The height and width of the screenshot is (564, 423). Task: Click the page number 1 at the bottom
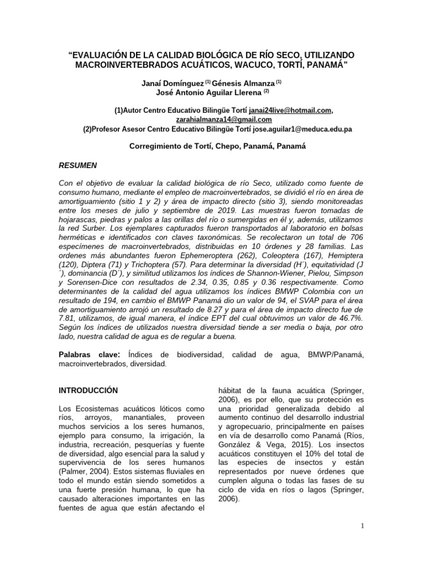[362, 526]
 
